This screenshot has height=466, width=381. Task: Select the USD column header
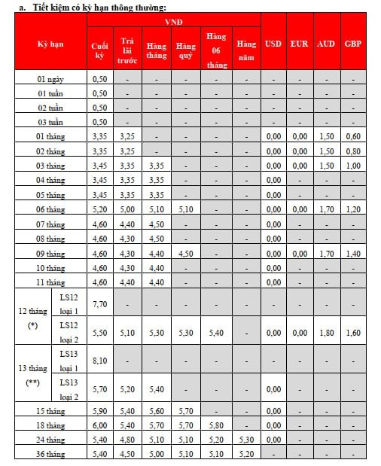point(273,44)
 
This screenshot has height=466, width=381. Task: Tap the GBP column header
point(352,44)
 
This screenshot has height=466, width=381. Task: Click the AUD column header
point(326,44)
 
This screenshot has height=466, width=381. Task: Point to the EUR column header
point(300,44)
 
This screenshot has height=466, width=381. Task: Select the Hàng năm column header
point(245,49)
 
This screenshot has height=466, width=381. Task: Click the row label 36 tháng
point(50,454)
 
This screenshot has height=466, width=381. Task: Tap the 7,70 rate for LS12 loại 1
point(99,303)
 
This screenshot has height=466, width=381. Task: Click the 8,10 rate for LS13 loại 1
point(99,361)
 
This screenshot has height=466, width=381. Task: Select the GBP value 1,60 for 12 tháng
point(352,332)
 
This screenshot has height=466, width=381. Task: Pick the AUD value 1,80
point(326,332)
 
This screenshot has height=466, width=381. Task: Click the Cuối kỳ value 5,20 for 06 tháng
point(99,209)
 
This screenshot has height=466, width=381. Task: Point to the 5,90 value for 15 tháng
point(99,411)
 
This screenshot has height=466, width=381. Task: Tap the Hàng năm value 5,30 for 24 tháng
point(245,440)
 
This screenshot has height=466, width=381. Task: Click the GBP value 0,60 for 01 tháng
point(352,136)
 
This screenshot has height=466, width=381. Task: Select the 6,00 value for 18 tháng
point(99,425)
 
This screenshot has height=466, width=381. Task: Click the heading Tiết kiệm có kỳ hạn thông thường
point(99,7)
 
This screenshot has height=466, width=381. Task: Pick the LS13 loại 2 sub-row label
point(69,389)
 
